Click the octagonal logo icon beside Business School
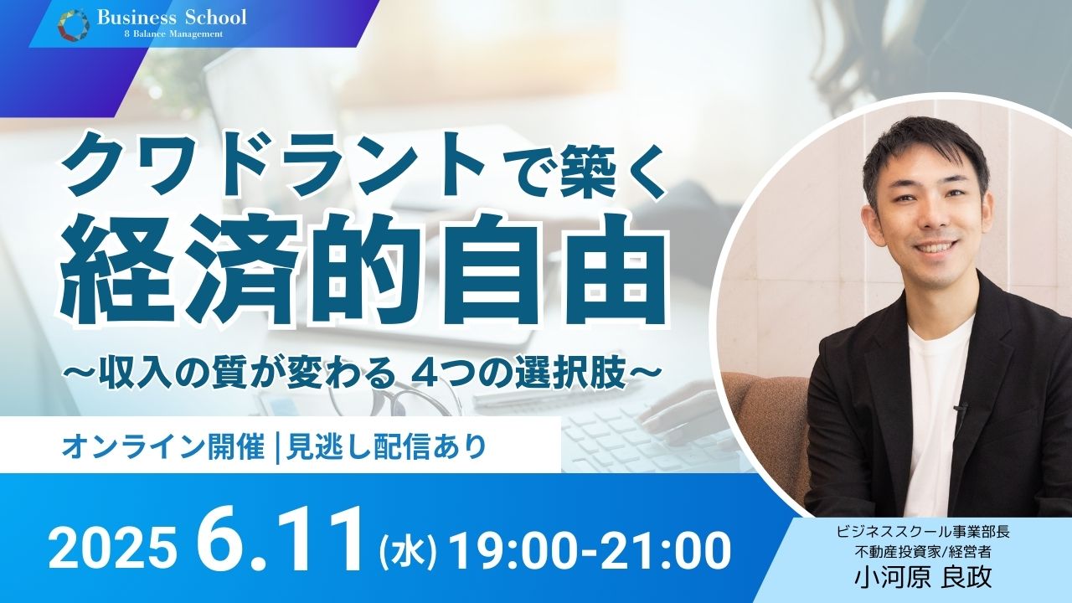tap(74, 24)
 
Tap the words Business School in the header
tap(173, 18)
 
